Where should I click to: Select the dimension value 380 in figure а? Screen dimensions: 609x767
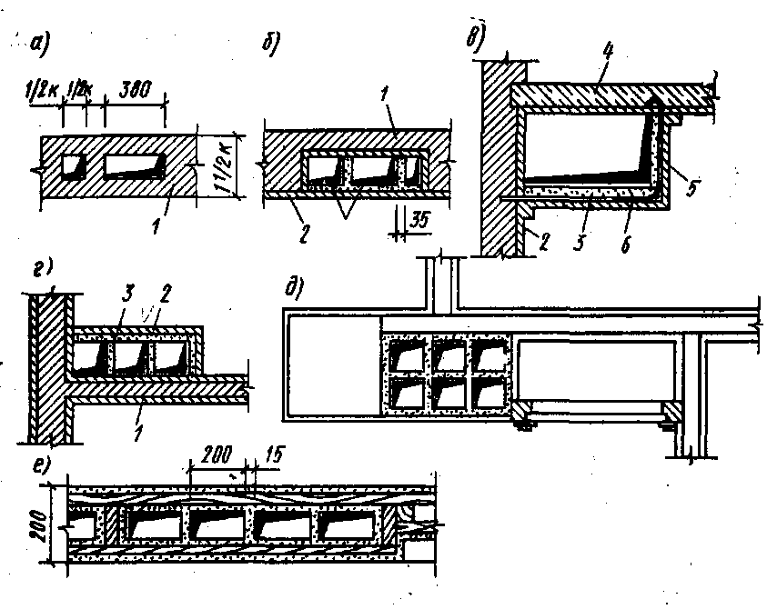(x=134, y=89)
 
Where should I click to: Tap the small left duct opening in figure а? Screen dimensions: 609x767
(x=71, y=165)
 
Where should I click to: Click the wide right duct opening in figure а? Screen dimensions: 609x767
(x=136, y=165)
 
